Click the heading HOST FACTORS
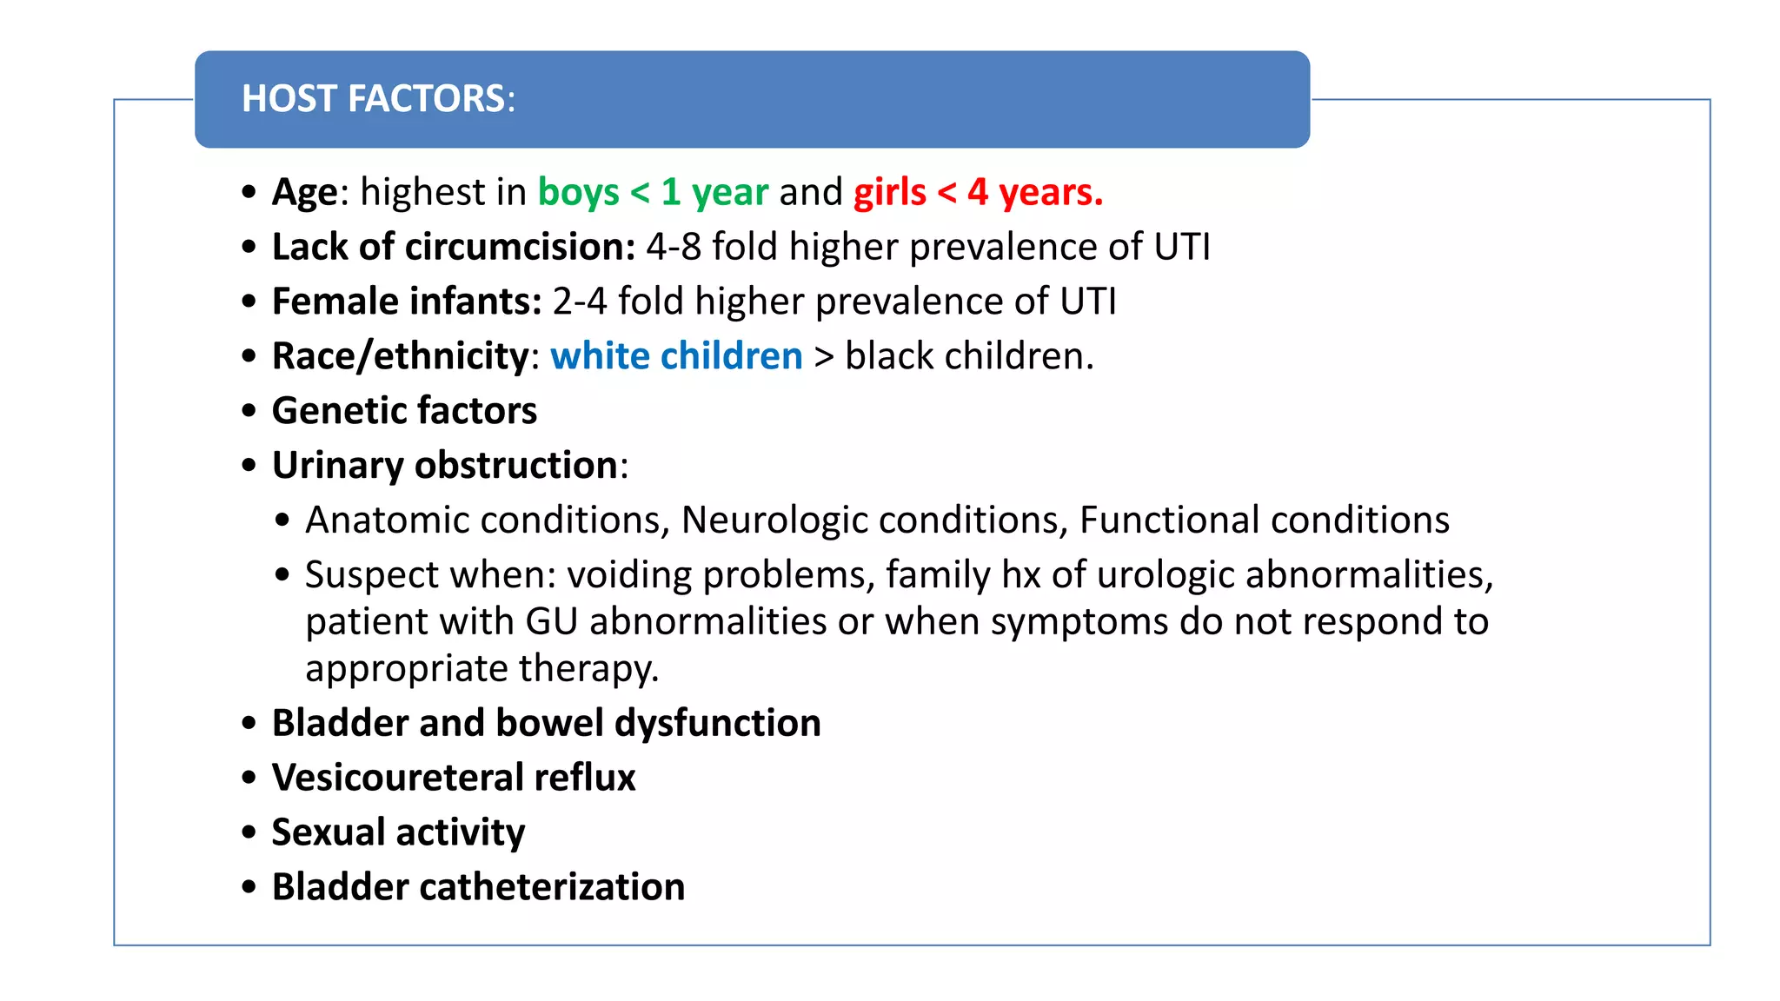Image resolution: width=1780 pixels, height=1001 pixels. pyautogui.click(x=378, y=99)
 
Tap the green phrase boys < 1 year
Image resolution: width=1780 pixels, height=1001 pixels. pyautogui.click(x=653, y=192)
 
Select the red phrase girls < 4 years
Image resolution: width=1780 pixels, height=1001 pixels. pyautogui.click(x=978, y=192)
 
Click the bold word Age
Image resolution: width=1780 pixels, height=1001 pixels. pyautogui.click(x=304, y=192)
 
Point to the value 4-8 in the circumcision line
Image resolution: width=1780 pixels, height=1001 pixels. pyautogui.click(x=674, y=247)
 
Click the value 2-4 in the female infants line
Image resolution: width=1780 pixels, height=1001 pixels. pyautogui.click(x=580, y=302)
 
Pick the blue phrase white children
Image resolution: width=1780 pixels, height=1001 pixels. pyautogui.click(x=676, y=356)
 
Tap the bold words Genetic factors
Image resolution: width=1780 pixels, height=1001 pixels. pyautogui.click(x=404, y=411)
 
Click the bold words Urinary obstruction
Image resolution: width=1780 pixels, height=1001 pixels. pyautogui.click(x=445, y=466)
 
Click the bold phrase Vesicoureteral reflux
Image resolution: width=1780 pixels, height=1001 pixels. pyautogui.click(x=454, y=778)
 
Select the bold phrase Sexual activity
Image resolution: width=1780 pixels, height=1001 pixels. pyautogui.click(x=398, y=832)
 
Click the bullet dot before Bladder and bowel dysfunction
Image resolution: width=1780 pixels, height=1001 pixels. pyautogui.click(x=249, y=723)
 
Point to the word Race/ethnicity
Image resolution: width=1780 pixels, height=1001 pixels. pyautogui.click(x=401, y=356)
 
